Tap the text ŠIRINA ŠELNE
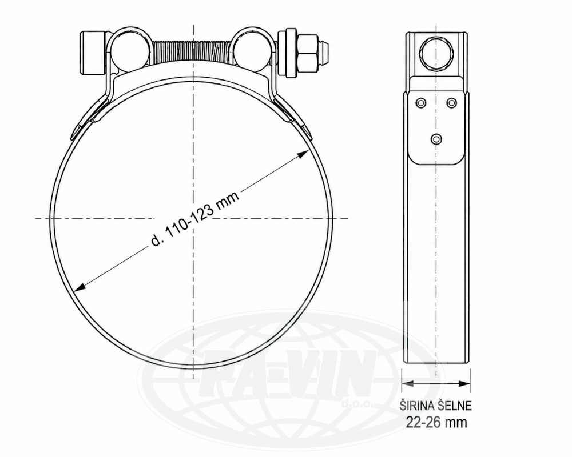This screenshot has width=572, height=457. click(x=435, y=406)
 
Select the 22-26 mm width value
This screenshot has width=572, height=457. click(x=436, y=422)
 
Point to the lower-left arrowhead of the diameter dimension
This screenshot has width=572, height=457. click(x=80, y=287)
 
